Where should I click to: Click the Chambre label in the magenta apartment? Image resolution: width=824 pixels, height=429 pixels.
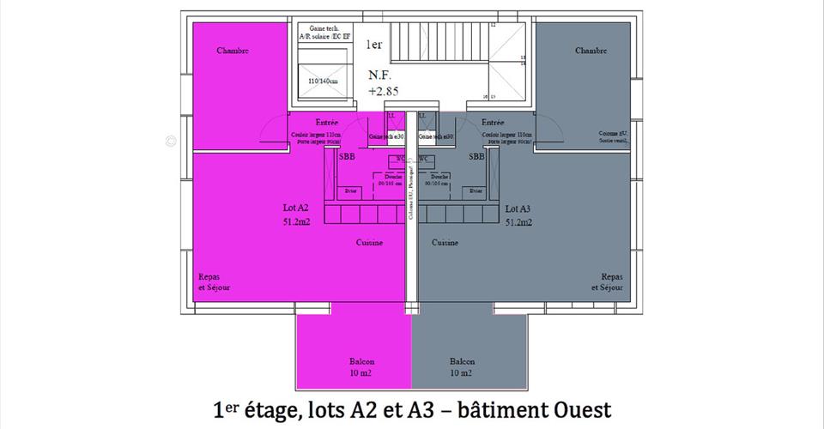[233, 51]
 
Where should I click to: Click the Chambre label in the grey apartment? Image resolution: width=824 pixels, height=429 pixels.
[591, 51]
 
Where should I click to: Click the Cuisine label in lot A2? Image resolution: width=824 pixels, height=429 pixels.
[370, 243]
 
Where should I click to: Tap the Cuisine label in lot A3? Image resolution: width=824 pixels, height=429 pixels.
[445, 243]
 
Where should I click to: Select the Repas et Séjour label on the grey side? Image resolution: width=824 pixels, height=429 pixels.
[607, 282]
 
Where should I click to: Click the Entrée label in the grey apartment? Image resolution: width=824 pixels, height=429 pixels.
[492, 122]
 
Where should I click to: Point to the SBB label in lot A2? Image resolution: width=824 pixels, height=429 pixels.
[347, 157]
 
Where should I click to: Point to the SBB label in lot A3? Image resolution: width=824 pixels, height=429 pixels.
[477, 157]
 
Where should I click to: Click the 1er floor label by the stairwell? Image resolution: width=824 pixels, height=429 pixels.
[375, 44]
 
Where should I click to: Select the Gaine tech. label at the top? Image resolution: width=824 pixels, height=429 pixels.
[318, 28]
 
